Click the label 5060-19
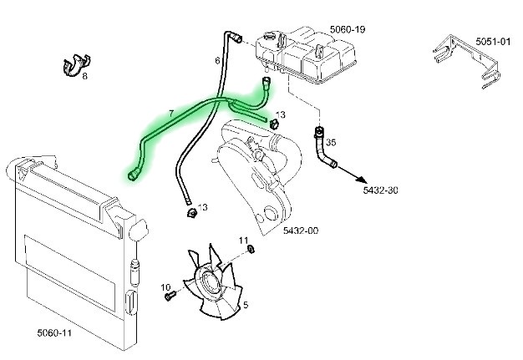(x=348, y=29)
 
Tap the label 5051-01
(x=492, y=41)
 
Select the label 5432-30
(x=380, y=190)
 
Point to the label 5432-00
(x=300, y=230)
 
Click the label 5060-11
(x=54, y=332)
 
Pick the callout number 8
(x=84, y=76)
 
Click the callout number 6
(x=217, y=60)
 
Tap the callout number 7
(x=170, y=112)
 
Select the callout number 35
(x=331, y=142)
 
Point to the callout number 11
(x=244, y=241)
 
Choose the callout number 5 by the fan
(x=245, y=305)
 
